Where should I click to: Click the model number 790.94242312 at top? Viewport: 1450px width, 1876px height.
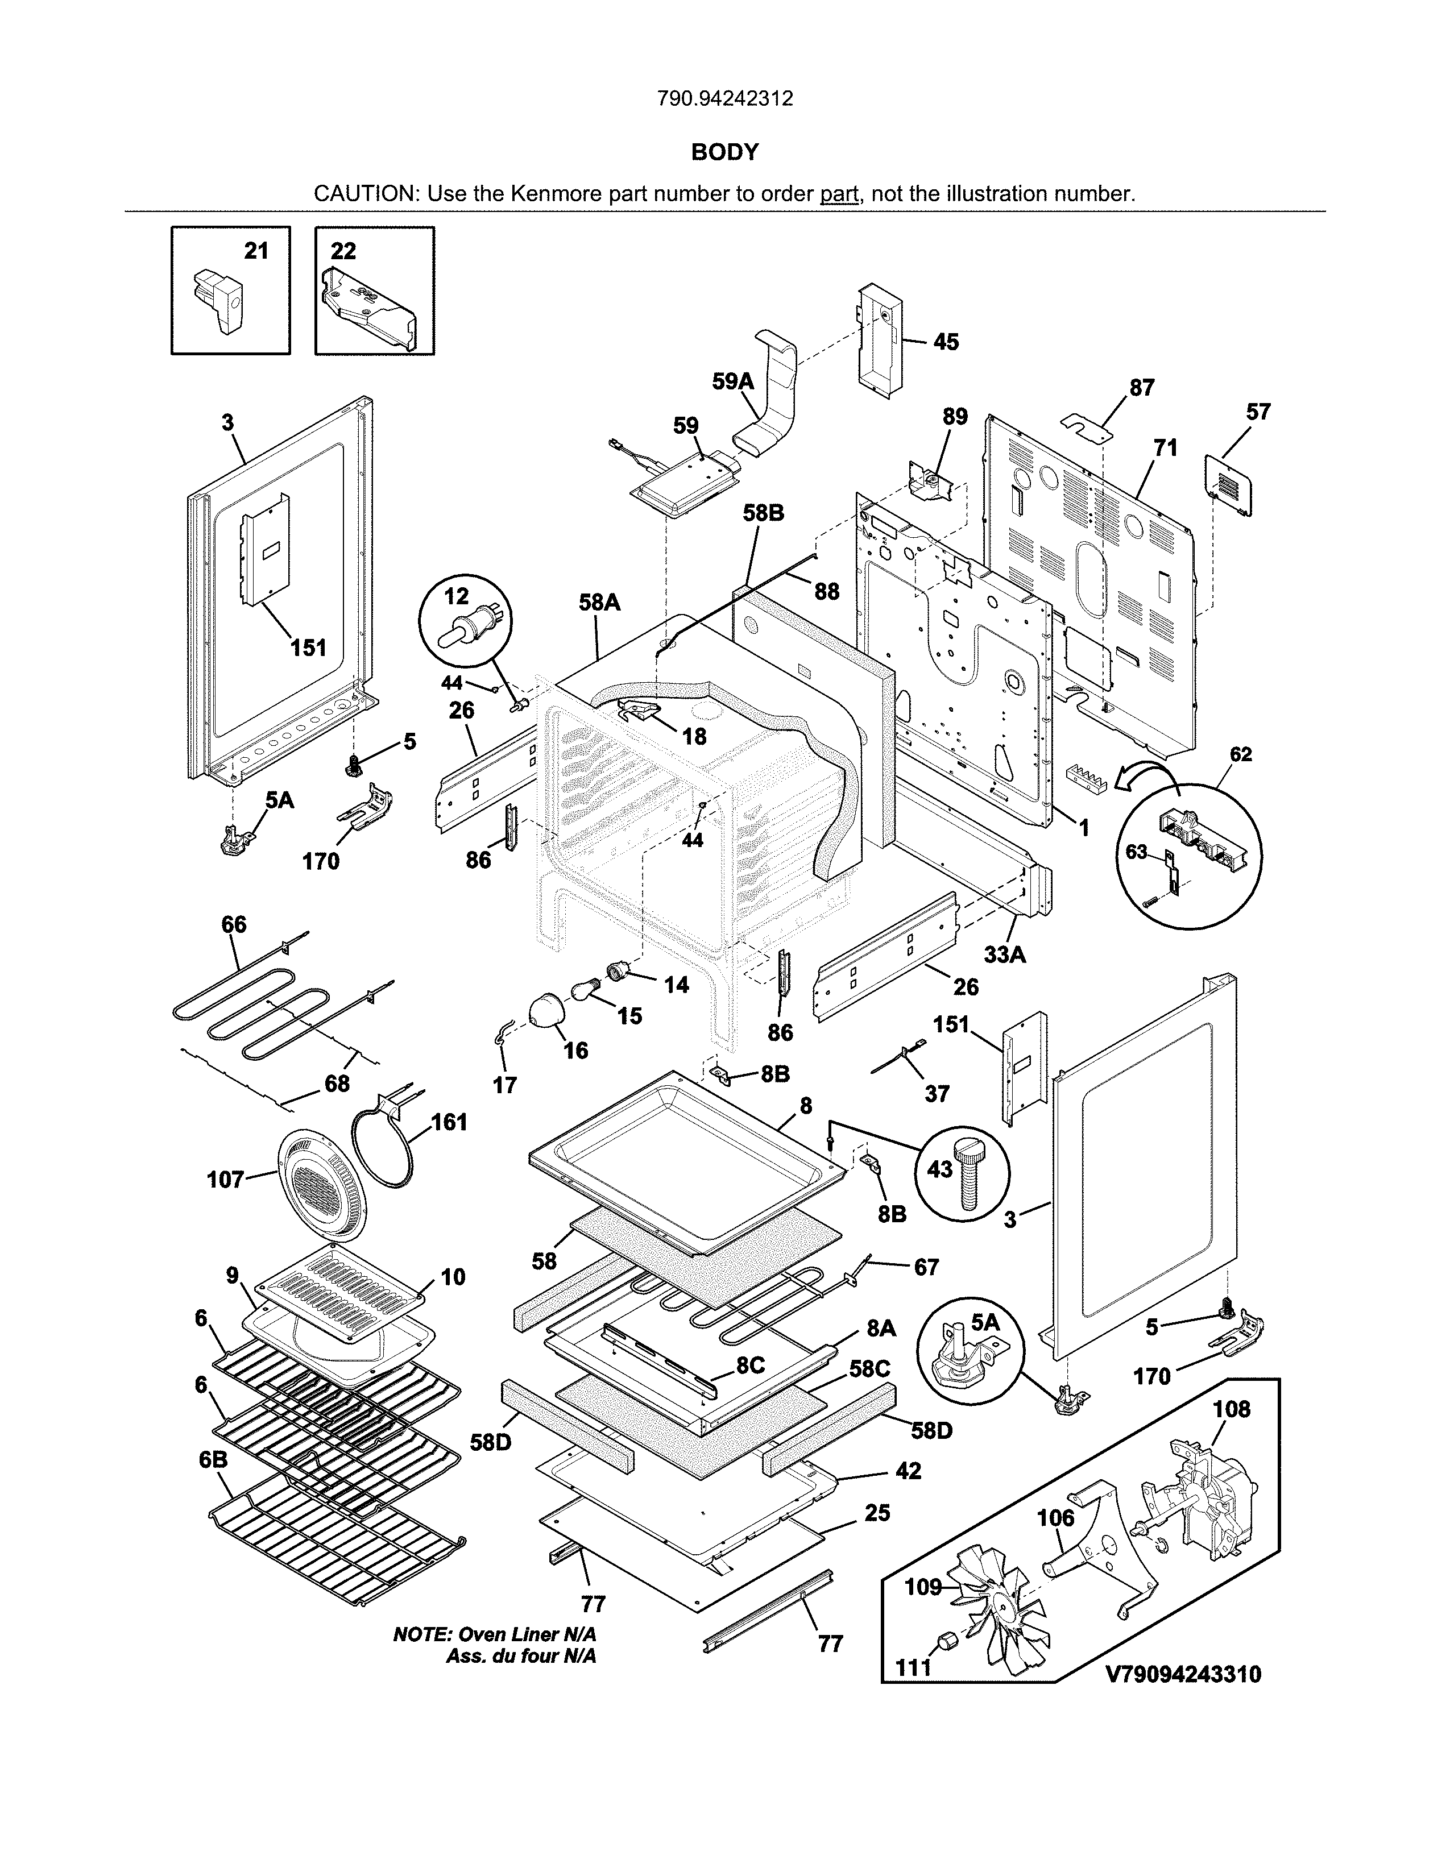[x=724, y=99]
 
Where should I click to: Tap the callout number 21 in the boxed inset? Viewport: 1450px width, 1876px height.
[x=256, y=251]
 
